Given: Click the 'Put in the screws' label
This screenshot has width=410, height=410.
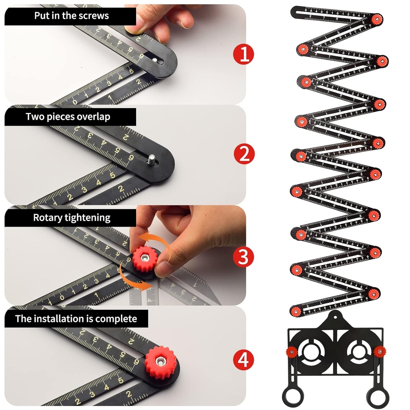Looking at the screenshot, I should pos(71,16).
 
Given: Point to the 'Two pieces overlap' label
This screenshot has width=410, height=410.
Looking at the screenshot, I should pos(68,117).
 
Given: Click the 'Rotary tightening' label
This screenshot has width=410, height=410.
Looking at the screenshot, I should pos(71,218).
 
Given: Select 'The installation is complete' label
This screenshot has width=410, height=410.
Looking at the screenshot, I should pos(76,319).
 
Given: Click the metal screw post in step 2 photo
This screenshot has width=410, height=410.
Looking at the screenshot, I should pos(153,159).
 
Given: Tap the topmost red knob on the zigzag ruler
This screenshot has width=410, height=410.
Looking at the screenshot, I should pos(376,19).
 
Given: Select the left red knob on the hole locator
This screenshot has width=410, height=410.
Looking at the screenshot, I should pos(291,352).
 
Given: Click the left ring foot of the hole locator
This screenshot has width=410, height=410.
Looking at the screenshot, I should pos(292,396).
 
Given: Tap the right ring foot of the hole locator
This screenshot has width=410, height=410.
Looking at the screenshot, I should pos(378,396).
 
